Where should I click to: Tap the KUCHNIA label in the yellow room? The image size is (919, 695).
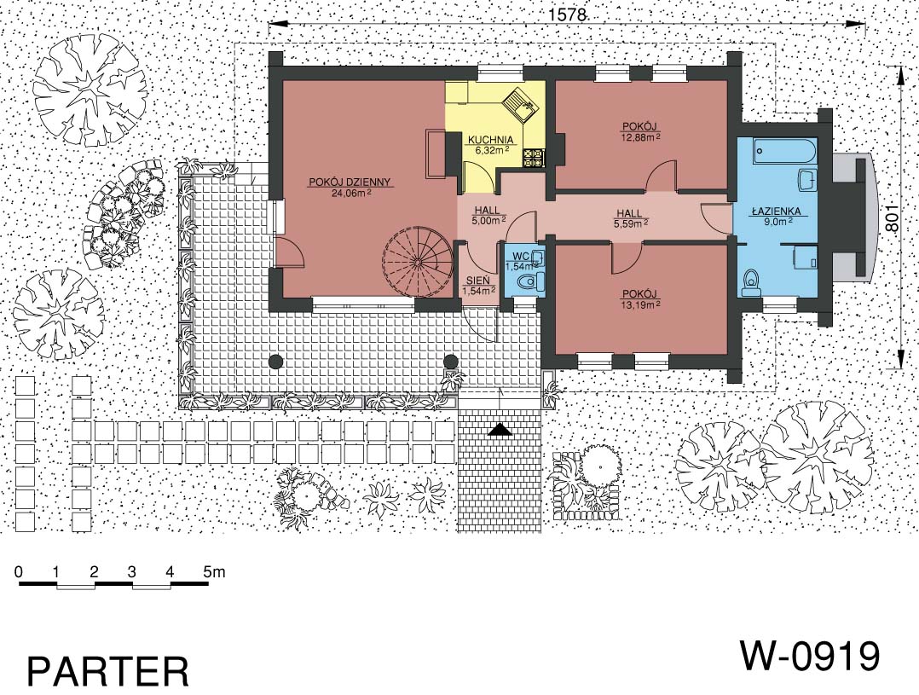tap(490, 140)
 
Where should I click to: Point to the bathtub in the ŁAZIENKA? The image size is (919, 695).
tap(783, 151)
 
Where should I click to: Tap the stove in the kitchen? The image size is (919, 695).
tap(534, 156)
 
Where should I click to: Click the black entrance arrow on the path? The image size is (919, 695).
tap(500, 430)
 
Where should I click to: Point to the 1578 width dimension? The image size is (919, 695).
tap(568, 14)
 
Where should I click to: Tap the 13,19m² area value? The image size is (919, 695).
tap(640, 304)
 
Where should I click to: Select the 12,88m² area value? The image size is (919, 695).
tap(640, 136)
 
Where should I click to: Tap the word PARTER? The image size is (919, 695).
tap(108, 671)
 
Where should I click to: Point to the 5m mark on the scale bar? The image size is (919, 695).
tap(214, 571)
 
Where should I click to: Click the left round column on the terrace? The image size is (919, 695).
tap(275, 362)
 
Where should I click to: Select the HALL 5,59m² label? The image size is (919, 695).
tap(629, 217)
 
